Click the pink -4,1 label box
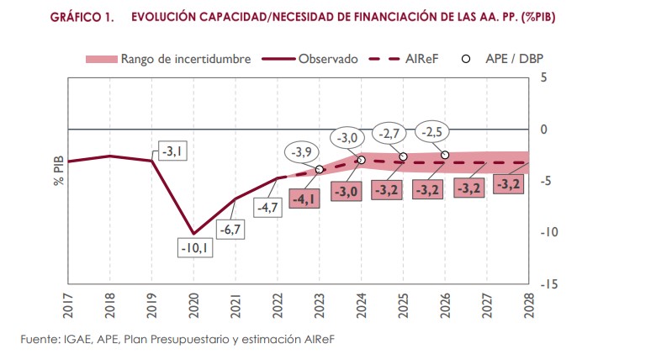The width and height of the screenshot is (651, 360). tap(304, 199)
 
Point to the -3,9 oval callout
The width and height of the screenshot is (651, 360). tap(303, 152)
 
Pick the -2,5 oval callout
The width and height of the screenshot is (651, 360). tap(432, 132)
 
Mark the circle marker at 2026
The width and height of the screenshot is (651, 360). tap(445, 155)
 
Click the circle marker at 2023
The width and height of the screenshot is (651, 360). tap(319, 169)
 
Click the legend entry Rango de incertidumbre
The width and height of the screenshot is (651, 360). tap(151, 59)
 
